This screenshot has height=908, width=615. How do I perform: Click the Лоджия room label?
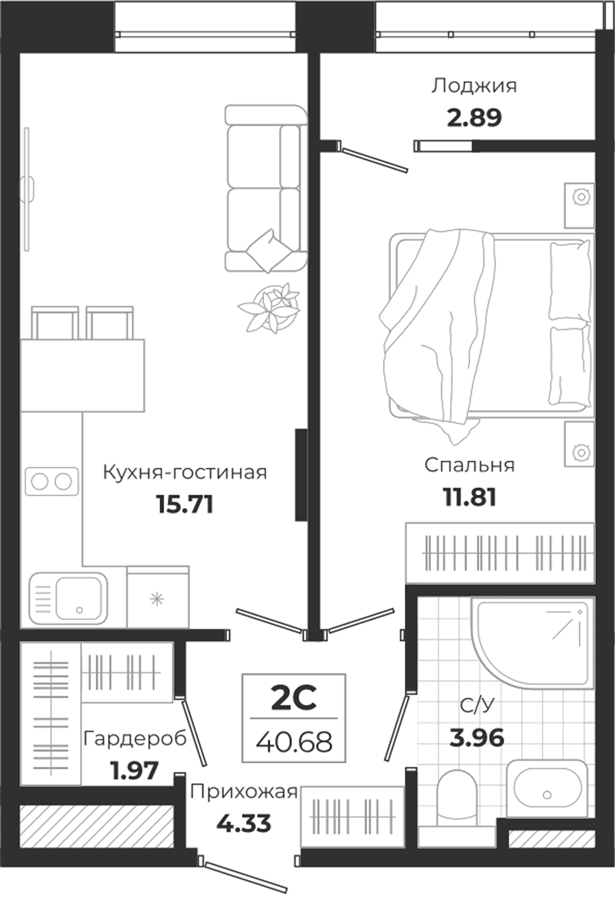tap(474, 86)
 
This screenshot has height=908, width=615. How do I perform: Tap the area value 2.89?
tap(474, 118)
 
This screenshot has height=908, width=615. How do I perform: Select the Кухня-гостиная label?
tap(185, 473)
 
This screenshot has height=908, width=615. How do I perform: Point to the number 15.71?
tap(185, 504)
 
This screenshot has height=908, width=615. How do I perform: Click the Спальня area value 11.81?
tap(469, 497)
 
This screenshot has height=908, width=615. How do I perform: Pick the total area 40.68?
tap(294, 742)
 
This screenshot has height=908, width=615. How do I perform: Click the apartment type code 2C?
tap(294, 699)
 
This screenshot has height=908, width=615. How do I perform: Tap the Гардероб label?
tap(135, 739)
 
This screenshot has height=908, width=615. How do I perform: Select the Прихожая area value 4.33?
tap(244, 824)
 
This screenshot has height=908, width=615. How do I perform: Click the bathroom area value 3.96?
tap(476, 738)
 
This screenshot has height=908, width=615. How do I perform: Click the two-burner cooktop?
tap(51, 481)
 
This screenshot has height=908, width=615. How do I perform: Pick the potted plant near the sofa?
tap(270, 307)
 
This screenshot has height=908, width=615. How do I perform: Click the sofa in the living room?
tap(265, 189)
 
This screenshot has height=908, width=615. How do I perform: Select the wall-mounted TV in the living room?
tap(27, 189)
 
